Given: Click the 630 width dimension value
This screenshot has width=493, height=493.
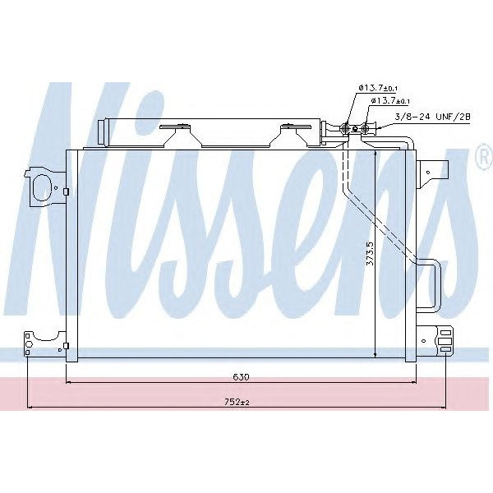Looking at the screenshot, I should pos(240,377).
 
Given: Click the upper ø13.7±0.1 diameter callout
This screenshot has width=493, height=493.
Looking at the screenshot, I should pos(379,87).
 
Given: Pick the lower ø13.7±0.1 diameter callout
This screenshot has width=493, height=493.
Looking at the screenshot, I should pos(390,100).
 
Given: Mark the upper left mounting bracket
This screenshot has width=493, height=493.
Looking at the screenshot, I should pos(45,187).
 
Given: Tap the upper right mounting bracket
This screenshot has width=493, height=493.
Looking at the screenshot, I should pos(432,172).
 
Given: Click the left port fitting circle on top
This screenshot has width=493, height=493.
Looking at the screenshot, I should pos(347,127).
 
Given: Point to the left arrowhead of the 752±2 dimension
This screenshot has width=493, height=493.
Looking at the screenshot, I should pos(31,406).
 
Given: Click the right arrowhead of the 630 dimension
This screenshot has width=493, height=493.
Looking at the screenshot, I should pos(412,382).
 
